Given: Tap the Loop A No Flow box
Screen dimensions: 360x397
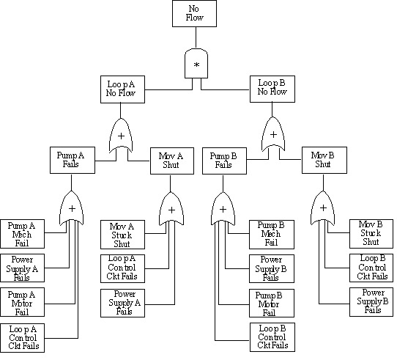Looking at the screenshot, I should tap(121, 89).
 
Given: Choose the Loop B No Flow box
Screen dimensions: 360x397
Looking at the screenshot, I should tap(272, 89).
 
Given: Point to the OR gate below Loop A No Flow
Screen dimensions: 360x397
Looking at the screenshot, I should tap(121, 135).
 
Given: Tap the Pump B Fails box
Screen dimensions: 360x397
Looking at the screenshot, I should tap(223, 161).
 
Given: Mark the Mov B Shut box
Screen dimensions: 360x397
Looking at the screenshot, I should tap(323, 161).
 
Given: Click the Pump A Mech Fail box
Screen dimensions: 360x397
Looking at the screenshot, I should tap(22, 232).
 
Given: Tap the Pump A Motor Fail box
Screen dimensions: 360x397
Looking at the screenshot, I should tap(22, 302).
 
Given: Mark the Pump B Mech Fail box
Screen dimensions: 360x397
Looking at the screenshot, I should tap(271, 232).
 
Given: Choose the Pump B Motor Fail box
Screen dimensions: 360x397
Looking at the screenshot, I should tap(271, 302).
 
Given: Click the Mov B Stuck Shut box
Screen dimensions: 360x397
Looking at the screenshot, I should tap(371, 232).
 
